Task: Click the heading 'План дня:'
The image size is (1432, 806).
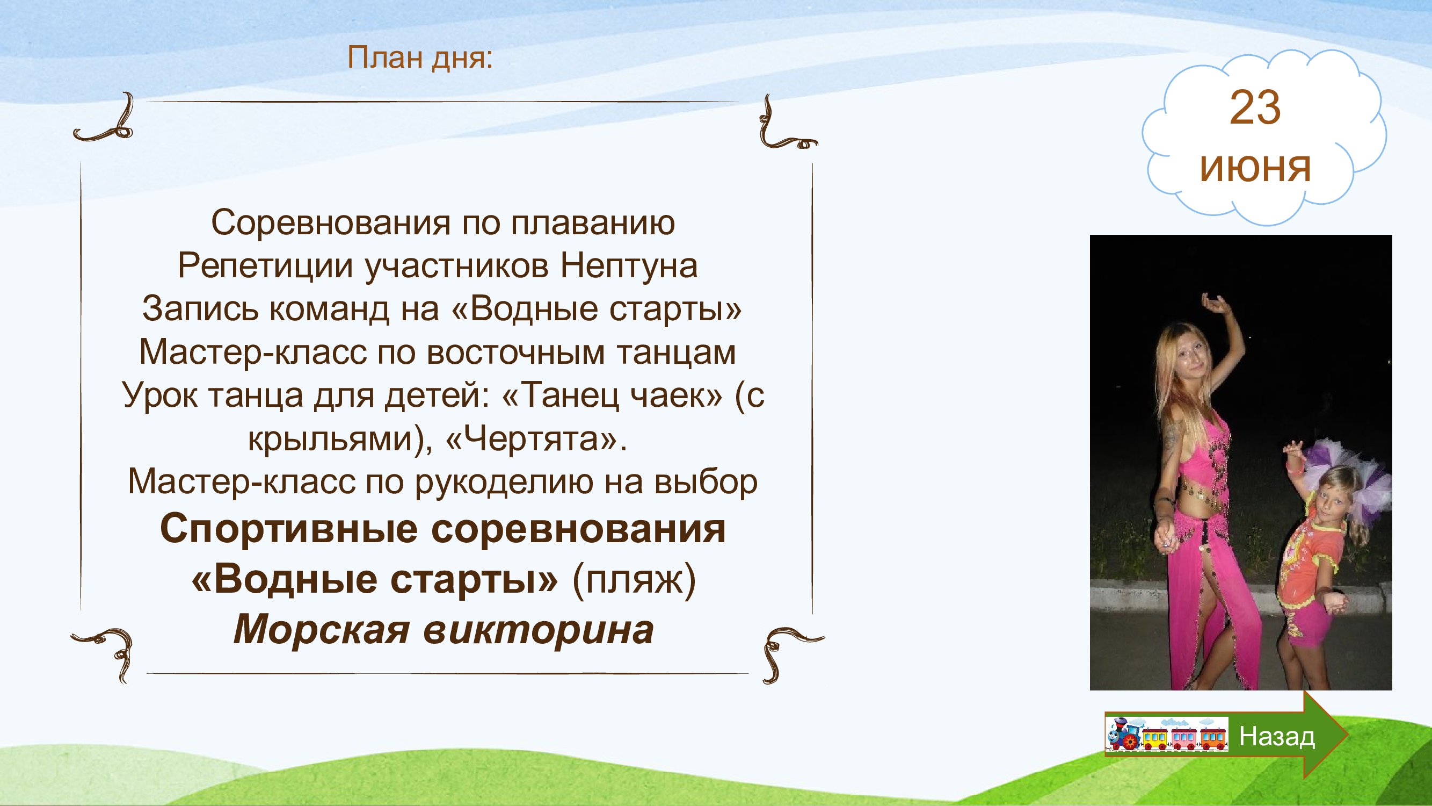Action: point(420,58)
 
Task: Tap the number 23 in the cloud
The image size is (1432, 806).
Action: point(1255,108)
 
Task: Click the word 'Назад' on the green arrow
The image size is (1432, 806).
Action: point(1277,737)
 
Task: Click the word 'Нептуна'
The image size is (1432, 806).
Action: point(629,266)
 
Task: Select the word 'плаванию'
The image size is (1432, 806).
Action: point(593,224)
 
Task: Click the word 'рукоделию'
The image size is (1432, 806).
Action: point(504,483)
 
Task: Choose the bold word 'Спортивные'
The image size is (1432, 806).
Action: point(289,530)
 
